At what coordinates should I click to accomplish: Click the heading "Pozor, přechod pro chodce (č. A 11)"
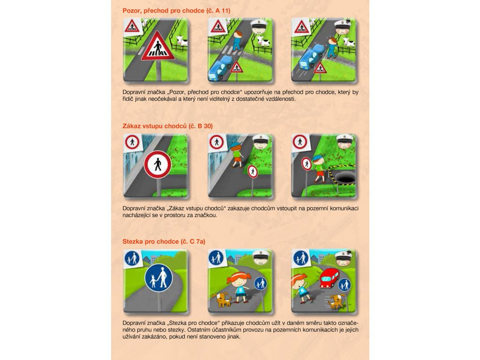click(176, 11)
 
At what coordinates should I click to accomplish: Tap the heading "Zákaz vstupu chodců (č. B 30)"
click(167, 126)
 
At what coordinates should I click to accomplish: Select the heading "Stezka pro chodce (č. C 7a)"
click(164, 241)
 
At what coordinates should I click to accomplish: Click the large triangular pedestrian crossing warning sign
click(157, 46)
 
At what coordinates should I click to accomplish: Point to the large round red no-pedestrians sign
click(157, 165)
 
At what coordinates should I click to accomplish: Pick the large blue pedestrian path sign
click(158, 278)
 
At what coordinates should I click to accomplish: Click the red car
click(330, 277)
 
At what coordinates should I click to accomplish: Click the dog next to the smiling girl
click(222, 300)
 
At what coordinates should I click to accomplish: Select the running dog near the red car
click(337, 301)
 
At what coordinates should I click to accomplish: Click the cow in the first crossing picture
click(182, 40)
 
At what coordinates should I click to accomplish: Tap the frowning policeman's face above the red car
click(344, 259)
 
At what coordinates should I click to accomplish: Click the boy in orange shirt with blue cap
click(236, 155)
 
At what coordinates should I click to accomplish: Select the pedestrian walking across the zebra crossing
click(237, 41)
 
